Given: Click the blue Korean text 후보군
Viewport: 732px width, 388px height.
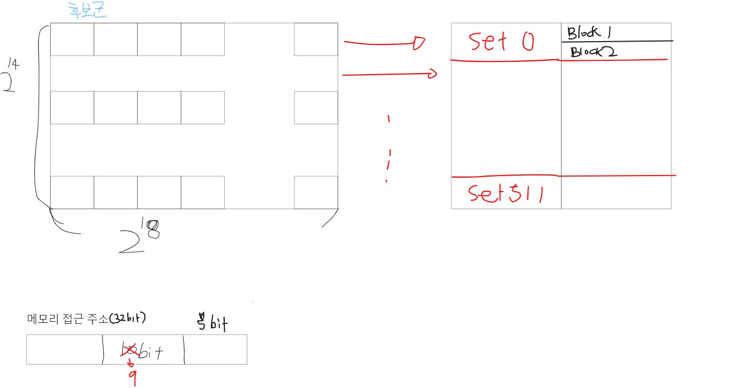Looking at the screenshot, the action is pos(88,11).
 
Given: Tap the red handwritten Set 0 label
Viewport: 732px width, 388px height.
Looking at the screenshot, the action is pos(500,41).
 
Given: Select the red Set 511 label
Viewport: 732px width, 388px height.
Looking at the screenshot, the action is pos(506,193).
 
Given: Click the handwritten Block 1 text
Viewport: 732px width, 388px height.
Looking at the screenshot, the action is pos(589,33).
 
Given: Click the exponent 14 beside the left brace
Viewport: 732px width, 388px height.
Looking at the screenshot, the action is pos(14,65).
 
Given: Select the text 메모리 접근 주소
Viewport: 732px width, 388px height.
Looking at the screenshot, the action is pos(67,319).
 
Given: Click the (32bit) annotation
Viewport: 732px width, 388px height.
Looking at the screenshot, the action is pos(127,318).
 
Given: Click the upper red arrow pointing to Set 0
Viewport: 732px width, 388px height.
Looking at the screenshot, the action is pos(384,43).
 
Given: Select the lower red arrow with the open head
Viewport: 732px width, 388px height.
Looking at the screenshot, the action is pos(389,75).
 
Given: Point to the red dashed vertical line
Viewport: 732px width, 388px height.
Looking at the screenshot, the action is pos(389,149).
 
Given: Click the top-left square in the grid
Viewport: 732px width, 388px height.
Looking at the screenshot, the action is pos(72,39).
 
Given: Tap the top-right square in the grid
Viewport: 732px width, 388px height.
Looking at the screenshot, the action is pos(316,39).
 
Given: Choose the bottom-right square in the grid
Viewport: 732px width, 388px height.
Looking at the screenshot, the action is pos(316,192).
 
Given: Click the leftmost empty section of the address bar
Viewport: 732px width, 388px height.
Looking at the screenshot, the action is pos(64,350).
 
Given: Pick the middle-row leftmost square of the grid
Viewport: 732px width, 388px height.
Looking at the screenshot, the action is pos(72,107).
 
